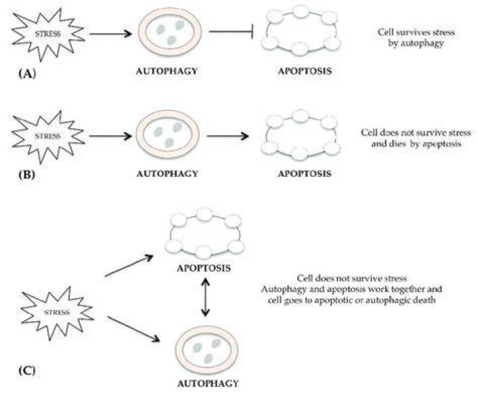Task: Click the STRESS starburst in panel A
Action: click(x=48, y=34)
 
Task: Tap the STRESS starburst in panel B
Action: click(x=48, y=136)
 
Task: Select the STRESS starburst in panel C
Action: click(x=57, y=313)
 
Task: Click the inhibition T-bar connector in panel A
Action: click(x=232, y=31)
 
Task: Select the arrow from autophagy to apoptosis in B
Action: click(x=228, y=136)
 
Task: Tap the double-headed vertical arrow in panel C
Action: click(x=205, y=297)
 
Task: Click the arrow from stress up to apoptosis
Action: click(x=129, y=266)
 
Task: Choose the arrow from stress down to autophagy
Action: click(x=133, y=329)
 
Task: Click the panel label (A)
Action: click(x=27, y=74)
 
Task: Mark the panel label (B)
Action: click(x=27, y=174)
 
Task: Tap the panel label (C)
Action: click(x=27, y=370)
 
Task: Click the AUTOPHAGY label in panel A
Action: click(x=167, y=71)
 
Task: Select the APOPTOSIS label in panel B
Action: click(x=305, y=174)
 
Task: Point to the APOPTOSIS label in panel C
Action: click(x=204, y=269)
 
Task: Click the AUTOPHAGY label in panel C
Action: click(x=208, y=384)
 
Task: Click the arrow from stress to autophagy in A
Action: click(x=111, y=33)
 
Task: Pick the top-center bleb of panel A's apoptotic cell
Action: click(x=301, y=11)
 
